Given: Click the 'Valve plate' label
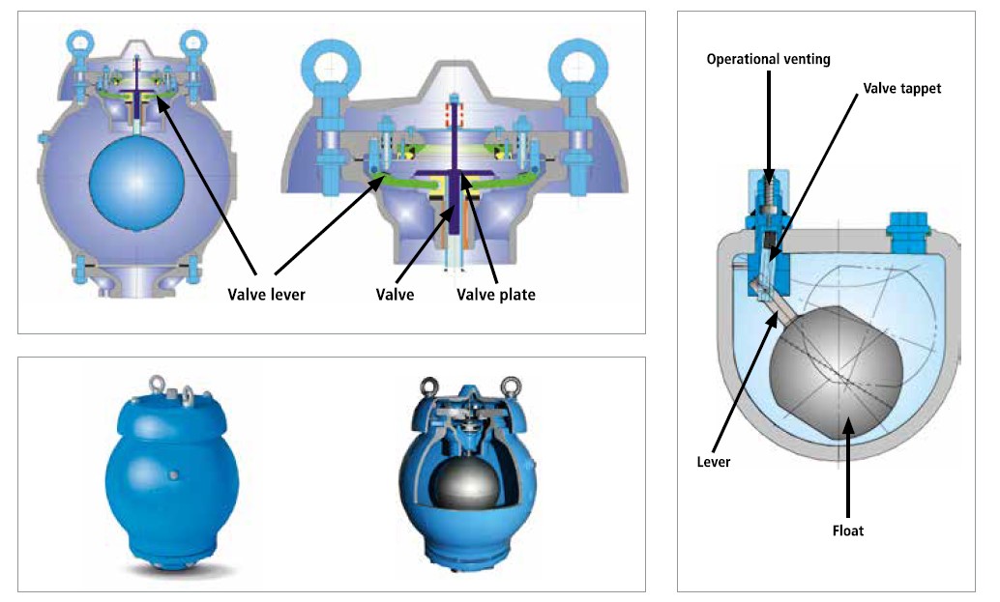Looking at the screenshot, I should coord(495,294).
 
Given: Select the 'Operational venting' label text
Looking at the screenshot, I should coord(768,59).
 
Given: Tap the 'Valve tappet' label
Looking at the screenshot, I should coord(902,87).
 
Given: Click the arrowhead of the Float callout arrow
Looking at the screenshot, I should coord(847,424).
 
